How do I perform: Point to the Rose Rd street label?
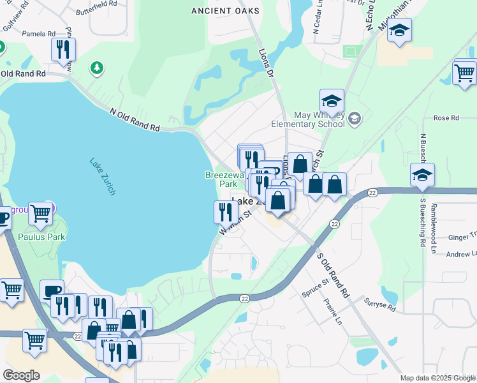(446, 118)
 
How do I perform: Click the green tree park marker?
(96, 67)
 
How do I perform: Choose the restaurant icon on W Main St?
(226, 211)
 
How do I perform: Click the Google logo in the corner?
(20, 375)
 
